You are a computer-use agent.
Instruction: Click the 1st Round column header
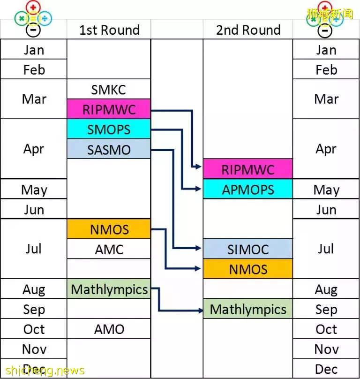coord(109,30)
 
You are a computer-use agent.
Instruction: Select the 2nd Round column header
coord(248,30)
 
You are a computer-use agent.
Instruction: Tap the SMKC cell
coord(109,89)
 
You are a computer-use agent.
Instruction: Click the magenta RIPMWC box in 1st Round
coord(109,109)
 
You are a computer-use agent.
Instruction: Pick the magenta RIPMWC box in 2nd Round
coord(248,169)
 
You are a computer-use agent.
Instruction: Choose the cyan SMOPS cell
coord(109,129)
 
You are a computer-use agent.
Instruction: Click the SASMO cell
coord(109,149)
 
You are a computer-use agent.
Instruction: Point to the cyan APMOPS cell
coord(248,189)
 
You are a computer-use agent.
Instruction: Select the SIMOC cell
coord(248,249)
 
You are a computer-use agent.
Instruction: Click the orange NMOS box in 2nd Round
coord(248,269)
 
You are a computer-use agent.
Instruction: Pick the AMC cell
coord(109,249)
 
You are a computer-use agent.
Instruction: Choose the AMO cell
coord(109,329)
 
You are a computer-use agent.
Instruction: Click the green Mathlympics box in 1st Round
coord(109,289)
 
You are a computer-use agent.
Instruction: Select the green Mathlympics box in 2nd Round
coord(248,309)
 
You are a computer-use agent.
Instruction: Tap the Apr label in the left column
coord(34,149)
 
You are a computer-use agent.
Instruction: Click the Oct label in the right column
coord(326,329)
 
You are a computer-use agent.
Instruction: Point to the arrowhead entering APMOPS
coord(199,189)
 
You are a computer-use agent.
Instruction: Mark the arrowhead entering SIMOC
coord(199,248)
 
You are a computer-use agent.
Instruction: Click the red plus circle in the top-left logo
coord(33,7)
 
